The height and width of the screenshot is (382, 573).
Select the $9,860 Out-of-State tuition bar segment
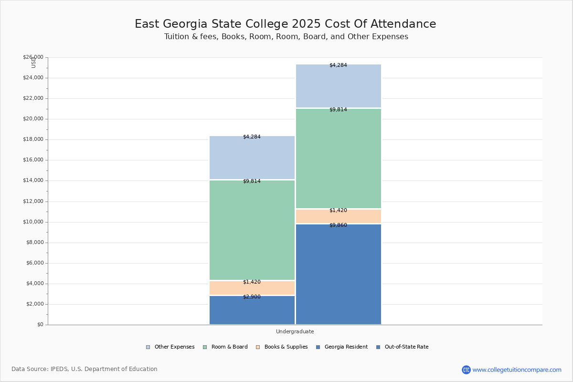pos(338,275)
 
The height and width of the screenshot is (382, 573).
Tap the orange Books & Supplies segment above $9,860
pos(338,217)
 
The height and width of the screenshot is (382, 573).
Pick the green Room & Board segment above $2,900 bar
pos(252,230)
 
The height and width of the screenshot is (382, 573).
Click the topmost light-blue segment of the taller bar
pos(338,86)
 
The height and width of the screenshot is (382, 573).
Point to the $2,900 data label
pos(252,297)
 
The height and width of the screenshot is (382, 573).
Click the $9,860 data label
pos(338,225)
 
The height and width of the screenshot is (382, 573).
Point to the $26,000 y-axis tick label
pos(33,57)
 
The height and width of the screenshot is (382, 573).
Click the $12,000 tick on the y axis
pos(33,202)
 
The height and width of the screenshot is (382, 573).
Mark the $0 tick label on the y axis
pos(40,325)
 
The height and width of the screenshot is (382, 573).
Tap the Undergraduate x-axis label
pos(295,331)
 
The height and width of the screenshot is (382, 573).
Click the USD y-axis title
pos(33,62)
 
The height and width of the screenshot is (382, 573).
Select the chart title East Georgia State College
pos(285,24)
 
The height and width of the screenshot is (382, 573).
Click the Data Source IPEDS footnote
pos(85,369)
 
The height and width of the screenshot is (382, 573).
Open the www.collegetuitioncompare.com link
pos(517,370)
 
